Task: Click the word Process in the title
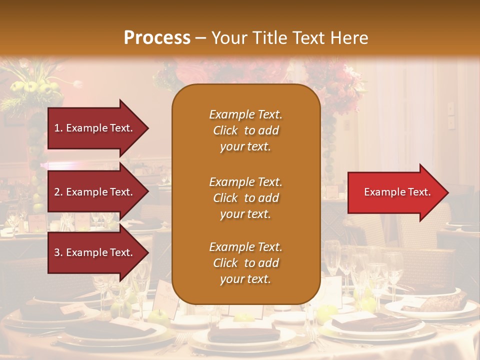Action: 157,38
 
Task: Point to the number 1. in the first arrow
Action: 58,128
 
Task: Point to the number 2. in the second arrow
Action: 58,192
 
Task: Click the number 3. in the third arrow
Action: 58,252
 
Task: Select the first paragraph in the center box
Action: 245,130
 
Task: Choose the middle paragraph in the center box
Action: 245,198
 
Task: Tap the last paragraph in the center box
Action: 245,263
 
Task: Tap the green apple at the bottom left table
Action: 159,316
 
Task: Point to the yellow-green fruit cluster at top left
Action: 37,88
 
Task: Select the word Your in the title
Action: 228,38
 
